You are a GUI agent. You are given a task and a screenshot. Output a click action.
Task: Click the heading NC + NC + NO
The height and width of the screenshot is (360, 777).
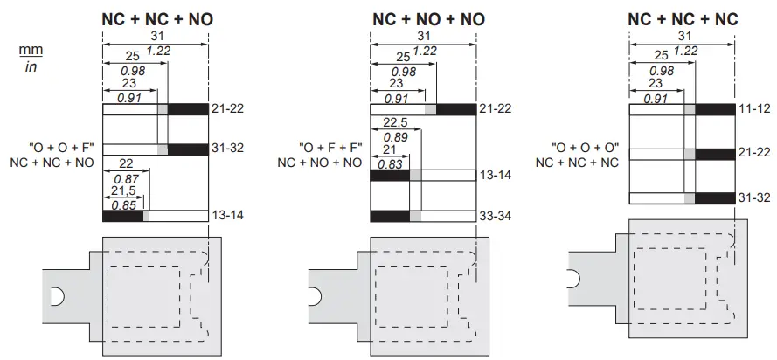coord(157,18)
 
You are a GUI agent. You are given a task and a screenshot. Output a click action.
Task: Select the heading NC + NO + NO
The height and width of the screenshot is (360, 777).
coord(426,18)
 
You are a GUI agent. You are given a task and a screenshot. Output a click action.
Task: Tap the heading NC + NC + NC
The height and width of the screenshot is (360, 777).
coord(683,18)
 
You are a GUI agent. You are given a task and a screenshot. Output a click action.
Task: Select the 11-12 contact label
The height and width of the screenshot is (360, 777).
coord(754,109)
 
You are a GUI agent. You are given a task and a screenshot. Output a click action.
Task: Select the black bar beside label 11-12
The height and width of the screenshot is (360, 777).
coord(715,109)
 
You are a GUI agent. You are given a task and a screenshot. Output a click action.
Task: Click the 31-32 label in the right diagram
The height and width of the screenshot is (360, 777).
coord(754,197)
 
